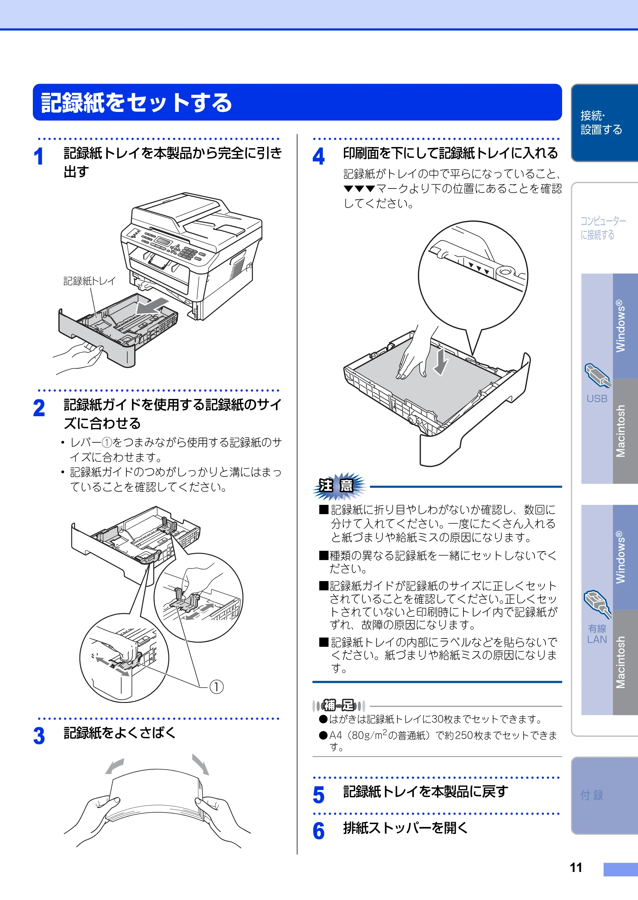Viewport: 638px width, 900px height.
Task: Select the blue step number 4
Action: (x=319, y=156)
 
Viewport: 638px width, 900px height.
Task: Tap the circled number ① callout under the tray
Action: (x=216, y=686)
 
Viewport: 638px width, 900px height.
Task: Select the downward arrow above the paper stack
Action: (x=441, y=361)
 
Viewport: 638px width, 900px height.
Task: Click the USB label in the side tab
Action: (x=597, y=399)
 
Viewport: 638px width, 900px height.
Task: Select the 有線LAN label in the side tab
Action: (x=597, y=634)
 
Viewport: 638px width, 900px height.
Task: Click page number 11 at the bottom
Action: (x=576, y=867)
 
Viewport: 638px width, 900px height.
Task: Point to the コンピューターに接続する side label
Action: (x=603, y=228)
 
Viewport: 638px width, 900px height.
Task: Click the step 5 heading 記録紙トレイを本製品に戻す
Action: (x=426, y=792)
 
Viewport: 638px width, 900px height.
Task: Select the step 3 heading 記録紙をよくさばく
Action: (x=120, y=733)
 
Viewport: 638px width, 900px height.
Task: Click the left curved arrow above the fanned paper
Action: (x=115, y=766)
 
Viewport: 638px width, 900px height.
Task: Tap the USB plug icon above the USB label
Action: (x=597, y=375)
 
